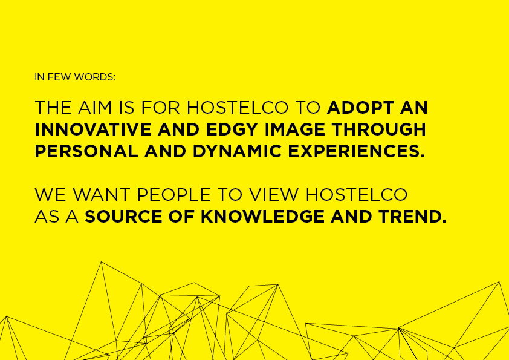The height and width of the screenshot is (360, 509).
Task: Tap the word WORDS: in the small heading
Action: coord(95,77)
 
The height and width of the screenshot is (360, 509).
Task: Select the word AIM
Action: coord(95,108)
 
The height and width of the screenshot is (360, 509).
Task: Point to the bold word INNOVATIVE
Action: coord(93,129)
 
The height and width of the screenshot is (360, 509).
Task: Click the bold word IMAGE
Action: coord(295,129)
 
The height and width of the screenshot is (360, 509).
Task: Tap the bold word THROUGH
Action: coord(379,129)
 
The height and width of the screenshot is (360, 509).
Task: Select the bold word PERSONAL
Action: coord(86,151)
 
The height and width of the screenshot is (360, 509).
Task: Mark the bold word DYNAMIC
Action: coord(237,151)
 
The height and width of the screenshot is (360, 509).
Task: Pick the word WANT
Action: coord(102,195)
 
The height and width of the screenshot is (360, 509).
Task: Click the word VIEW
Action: coord(274,195)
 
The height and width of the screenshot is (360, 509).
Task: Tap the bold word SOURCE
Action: coord(123,217)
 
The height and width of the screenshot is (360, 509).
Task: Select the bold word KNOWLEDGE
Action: coord(262,217)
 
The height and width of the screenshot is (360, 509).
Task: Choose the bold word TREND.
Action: coord(412,217)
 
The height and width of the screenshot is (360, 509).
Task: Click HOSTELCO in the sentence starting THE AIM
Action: coord(238,108)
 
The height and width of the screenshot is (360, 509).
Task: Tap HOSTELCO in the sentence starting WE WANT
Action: coord(357,195)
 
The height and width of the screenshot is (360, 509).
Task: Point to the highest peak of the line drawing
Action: coord(102,262)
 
